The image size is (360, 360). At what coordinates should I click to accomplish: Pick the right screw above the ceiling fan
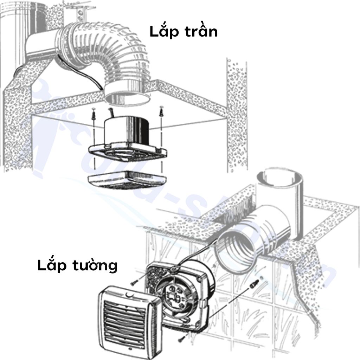point(161,112)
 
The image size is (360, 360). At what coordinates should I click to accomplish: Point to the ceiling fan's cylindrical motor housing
point(128,129)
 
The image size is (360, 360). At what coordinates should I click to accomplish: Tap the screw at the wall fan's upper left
point(135,282)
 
